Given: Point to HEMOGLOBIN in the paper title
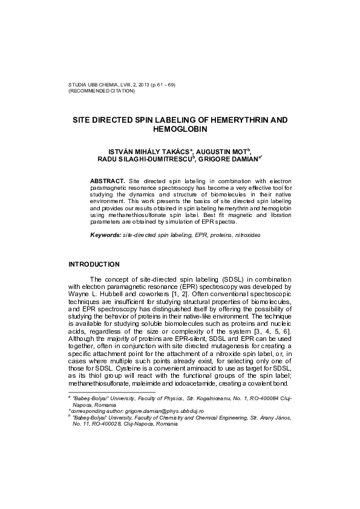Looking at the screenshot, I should [180, 129].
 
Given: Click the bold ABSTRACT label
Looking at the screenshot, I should [107, 181].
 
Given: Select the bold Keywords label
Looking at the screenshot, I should [105, 233].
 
